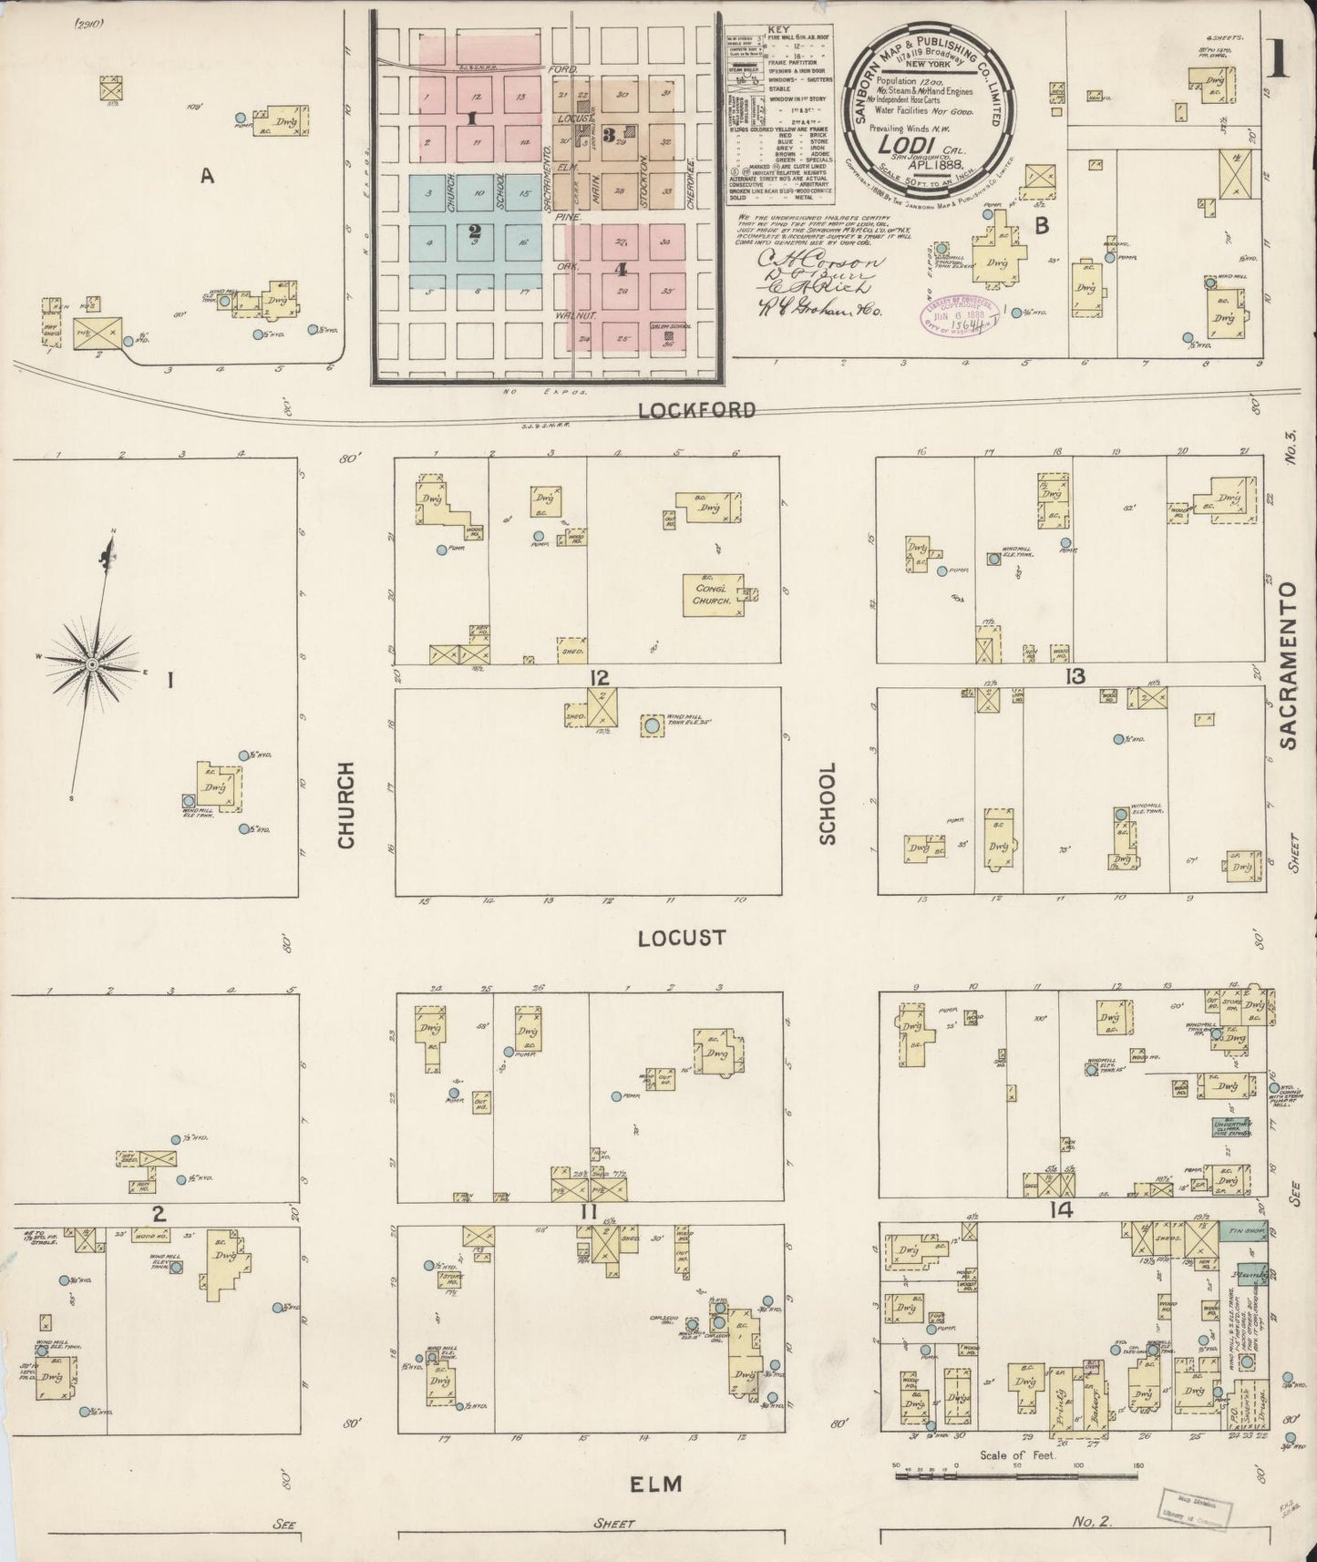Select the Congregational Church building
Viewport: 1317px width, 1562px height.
tap(713, 594)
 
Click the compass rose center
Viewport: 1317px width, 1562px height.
tap(91, 666)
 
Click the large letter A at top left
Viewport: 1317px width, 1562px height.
tap(207, 178)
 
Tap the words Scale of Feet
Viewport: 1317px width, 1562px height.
tap(1017, 1455)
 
